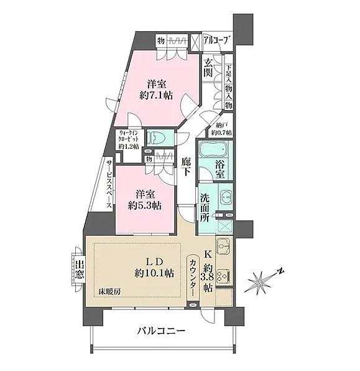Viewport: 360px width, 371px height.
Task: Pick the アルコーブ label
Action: click(x=217, y=40)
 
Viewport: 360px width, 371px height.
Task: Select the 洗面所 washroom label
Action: click(x=205, y=209)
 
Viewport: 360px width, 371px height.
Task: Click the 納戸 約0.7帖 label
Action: click(x=220, y=129)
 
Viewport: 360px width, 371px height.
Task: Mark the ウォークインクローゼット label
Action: click(x=131, y=139)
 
